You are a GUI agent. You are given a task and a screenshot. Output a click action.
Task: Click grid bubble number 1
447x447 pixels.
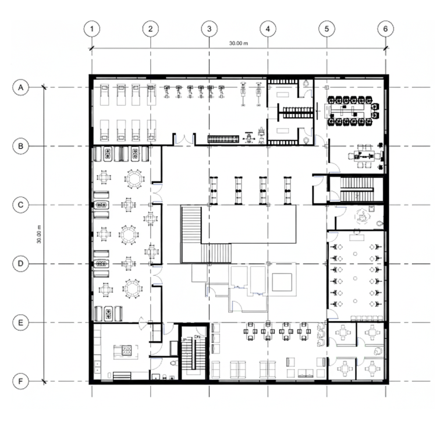92,29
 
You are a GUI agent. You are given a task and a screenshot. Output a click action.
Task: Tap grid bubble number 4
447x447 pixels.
268,29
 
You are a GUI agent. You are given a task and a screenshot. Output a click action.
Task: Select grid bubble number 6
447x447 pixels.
385,29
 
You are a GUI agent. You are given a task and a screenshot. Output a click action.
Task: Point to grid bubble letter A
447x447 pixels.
21,87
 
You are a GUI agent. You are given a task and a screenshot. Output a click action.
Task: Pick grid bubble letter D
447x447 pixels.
21,264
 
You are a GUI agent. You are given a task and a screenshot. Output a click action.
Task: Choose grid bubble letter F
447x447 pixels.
21,381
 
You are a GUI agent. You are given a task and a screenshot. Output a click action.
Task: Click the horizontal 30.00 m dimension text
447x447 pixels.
239,43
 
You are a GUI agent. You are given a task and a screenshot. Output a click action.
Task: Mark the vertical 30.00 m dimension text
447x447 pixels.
39,235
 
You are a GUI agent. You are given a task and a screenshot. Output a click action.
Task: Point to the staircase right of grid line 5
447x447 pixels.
357,190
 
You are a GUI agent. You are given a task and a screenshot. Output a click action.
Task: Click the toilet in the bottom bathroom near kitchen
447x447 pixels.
173,363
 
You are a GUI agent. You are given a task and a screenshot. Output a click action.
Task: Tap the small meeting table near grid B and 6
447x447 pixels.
365,156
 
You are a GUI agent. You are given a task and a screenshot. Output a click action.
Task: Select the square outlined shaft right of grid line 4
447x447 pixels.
282,282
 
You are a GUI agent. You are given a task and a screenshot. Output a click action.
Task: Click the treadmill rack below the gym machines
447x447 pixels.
223,140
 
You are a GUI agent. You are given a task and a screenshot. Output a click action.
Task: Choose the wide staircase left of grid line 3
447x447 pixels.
191,235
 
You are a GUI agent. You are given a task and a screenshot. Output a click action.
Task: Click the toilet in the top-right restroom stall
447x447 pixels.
306,84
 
